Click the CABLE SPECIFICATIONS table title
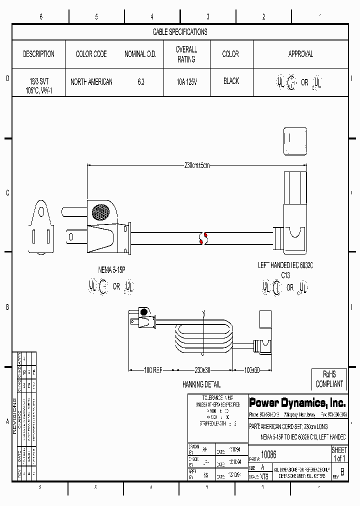(x=179, y=32)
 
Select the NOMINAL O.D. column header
(x=140, y=54)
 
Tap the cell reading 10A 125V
(x=186, y=81)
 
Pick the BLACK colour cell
(x=231, y=81)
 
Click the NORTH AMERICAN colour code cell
(x=91, y=82)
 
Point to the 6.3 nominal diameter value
(x=140, y=82)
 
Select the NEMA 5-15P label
(x=111, y=270)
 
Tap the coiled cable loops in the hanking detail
(x=202, y=340)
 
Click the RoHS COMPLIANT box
(x=329, y=379)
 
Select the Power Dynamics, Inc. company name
(x=297, y=402)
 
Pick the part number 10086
(x=269, y=455)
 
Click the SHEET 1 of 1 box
(x=339, y=454)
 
